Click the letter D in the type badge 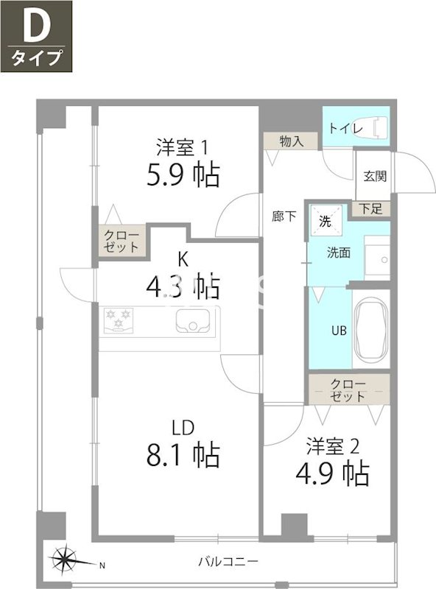(x=35, y=27)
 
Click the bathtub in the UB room (x=370, y=331)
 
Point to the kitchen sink (x=193, y=322)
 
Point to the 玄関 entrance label (x=375, y=176)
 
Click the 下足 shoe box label (x=371, y=208)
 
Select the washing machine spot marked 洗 (x=325, y=219)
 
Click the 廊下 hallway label (x=284, y=216)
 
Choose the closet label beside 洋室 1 (x=120, y=241)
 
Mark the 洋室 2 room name (x=333, y=445)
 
